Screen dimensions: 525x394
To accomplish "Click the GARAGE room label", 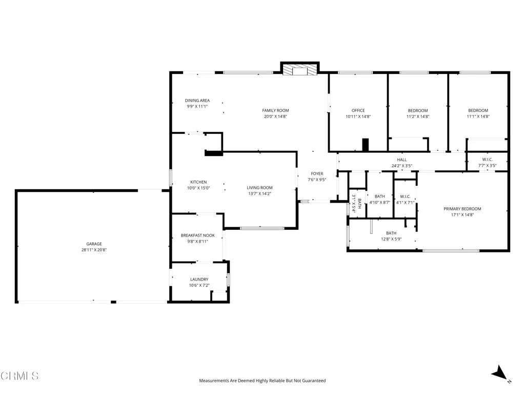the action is click(94, 244).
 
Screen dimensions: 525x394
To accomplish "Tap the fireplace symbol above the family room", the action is click(299, 70).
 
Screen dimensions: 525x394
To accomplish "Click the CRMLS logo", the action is click(19, 376).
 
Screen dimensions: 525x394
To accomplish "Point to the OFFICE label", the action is click(358, 111).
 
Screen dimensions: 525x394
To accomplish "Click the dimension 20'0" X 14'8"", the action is click(275, 116).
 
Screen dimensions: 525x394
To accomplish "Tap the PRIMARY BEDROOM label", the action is click(462, 209).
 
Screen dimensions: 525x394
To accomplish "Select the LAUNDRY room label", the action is click(199, 280).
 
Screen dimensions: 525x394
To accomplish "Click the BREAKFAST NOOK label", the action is click(198, 235).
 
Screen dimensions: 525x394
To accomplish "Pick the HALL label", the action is click(402, 160).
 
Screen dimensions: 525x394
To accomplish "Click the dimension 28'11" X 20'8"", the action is click(94, 250).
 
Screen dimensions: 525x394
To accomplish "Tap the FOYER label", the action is click(317, 173).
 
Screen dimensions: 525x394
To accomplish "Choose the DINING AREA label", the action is click(197, 101).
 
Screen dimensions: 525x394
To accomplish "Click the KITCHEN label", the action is click(198, 182).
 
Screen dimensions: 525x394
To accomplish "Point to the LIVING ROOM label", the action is click(260, 188).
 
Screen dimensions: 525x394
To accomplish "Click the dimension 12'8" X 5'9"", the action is click(391, 239).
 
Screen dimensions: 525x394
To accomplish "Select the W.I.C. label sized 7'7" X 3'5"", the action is click(487, 160).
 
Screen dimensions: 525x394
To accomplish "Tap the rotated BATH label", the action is click(359, 204).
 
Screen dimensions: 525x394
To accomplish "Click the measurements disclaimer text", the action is click(262, 381).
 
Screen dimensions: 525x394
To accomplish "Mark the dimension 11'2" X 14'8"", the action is click(418, 116).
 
